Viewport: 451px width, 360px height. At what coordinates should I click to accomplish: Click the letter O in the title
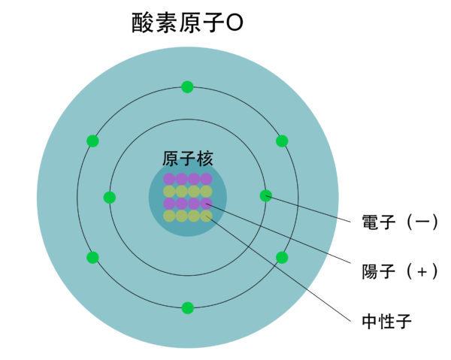(234, 25)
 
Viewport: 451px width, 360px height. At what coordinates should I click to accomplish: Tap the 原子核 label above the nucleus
(188, 159)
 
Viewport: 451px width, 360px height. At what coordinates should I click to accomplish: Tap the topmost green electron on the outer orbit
(187, 86)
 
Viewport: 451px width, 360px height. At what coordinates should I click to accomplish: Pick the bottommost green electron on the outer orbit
(188, 307)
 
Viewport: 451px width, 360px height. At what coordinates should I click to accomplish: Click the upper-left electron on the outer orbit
(92, 141)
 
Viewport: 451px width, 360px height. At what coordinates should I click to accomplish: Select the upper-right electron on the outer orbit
(282, 141)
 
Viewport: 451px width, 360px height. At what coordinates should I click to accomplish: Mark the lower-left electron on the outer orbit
(92, 258)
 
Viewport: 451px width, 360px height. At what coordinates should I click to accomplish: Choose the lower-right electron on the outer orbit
(282, 258)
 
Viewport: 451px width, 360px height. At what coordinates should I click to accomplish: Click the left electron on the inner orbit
(110, 198)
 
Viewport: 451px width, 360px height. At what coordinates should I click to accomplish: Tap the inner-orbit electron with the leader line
(265, 195)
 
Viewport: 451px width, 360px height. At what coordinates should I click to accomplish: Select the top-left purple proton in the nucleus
(169, 179)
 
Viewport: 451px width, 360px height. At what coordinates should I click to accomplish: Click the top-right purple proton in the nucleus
(206, 179)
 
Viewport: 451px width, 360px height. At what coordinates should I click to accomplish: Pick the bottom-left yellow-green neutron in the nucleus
(169, 216)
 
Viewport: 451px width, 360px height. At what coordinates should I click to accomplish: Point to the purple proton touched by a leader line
(206, 203)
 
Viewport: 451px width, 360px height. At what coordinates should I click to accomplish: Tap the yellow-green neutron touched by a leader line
(206, 216)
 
